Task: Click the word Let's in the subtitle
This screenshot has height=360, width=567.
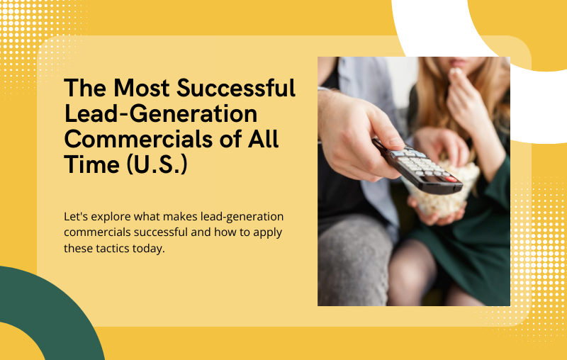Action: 74,216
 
